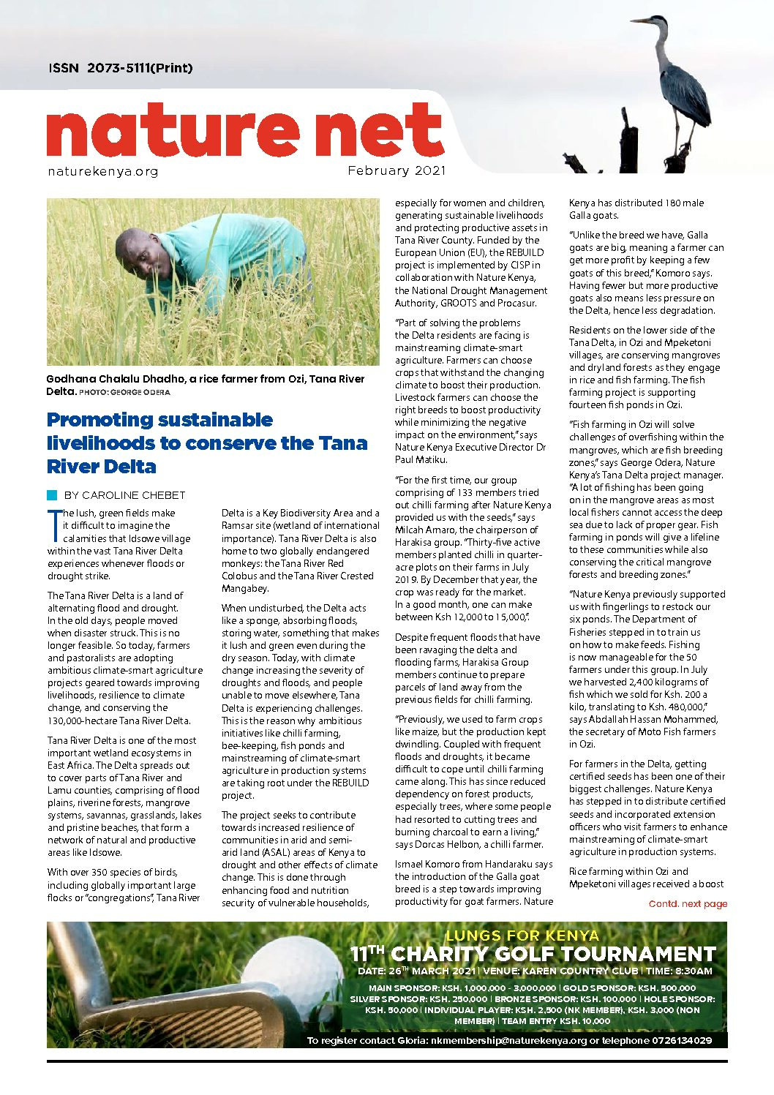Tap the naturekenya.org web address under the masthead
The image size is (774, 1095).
tap(102, 172)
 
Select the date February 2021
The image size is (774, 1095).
tap(397, 170)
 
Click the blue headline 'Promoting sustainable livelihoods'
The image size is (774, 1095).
tap(206, 443)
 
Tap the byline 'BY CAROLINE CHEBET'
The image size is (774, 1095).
tap(125, 495)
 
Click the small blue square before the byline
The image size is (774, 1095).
tap(52, 495)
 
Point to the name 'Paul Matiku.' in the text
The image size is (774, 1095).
tap(421, 459)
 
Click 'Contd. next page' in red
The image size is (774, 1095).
tap(688, 904)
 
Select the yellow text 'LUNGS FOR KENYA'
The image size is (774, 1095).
tap(522, 936)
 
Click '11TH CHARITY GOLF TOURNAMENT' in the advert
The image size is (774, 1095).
tap(533, 954)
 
